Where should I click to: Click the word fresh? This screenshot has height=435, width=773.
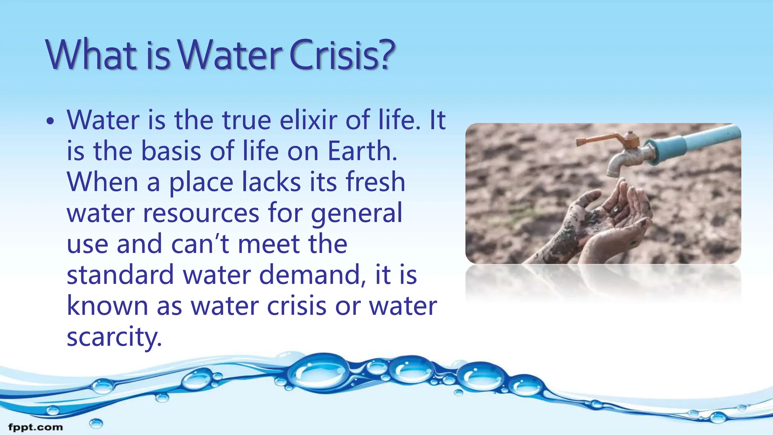pyautogui.click(x=375, y=182)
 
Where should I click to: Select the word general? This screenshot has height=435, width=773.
pyautogui.click(x=356, y=214)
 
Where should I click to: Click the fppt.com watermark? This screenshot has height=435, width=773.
pyautogui.click(x=35, y=427)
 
